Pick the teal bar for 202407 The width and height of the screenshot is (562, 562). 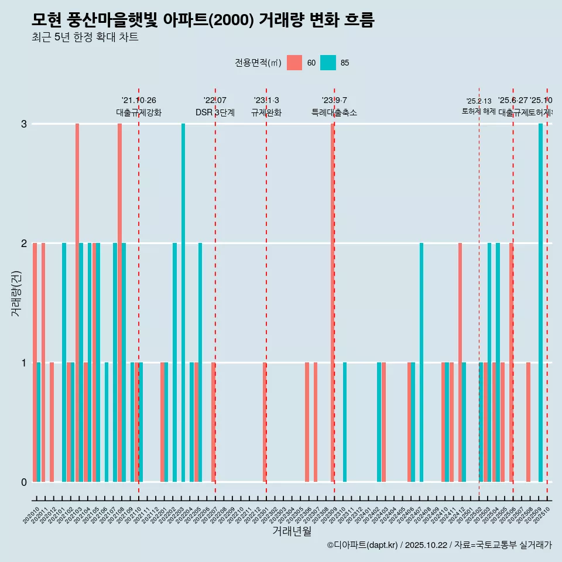421,362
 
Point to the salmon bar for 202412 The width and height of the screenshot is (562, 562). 460,362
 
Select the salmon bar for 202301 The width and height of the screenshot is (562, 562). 265,422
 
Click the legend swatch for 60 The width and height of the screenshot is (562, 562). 294,63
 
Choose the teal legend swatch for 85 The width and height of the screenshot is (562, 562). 328,63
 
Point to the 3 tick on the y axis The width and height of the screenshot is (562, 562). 24,124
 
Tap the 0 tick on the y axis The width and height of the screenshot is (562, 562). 24,482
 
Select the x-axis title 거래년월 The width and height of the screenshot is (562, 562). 292,531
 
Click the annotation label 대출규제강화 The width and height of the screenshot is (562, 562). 139,112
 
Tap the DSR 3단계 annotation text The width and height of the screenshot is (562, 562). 215,112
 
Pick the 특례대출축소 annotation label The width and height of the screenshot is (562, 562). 334,112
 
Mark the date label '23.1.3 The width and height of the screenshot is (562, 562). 266,101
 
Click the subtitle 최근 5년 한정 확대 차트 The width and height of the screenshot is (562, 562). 85,38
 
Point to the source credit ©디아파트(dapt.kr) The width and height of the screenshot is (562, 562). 362,545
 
